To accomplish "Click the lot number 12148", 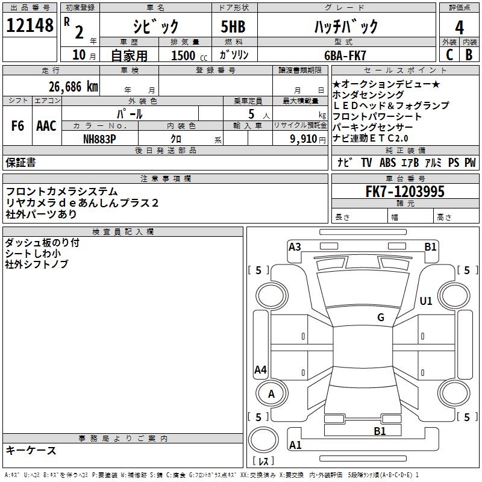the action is pyautogui.click(x=30, y=25).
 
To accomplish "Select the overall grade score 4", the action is pyautogui.click(x=459, y=27).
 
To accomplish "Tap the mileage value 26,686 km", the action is pyautogui.click(x=74, y=87).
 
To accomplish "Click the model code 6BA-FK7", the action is pyautogui.click(x=345, y=55).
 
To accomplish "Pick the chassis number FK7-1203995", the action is pyautogui.click(x=405, y=191).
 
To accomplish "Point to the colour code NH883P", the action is pyautogui.click(x=99, y=139).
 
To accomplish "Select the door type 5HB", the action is pyautogui.click(x=233, y=27).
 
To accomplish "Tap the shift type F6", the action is pyautogui.click(x=17, y=126).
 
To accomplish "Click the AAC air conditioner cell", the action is pyautogui.click(x=46, y=126).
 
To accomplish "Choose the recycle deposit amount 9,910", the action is pyautogui.click(x=304, y=139).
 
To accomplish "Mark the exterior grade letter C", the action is pyautogui.click(x=449, y=55).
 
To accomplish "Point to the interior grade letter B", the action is pyautogui.click(x=469, y=55).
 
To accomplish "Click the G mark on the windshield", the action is pyautogui.click(x=381, y=317).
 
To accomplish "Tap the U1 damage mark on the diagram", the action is pyautogui.click(x=426, y=301).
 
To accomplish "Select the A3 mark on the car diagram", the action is pyautogui.click(x=295, y=247).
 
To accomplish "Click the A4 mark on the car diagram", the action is pyautogui.click(x=261, y=369).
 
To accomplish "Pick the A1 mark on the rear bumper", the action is pyautogui.click(x=295, y=445).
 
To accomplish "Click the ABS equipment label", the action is pyautogui.click(x=387, y=162).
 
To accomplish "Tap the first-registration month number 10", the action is pyautogui.click(x=79, y=55).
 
